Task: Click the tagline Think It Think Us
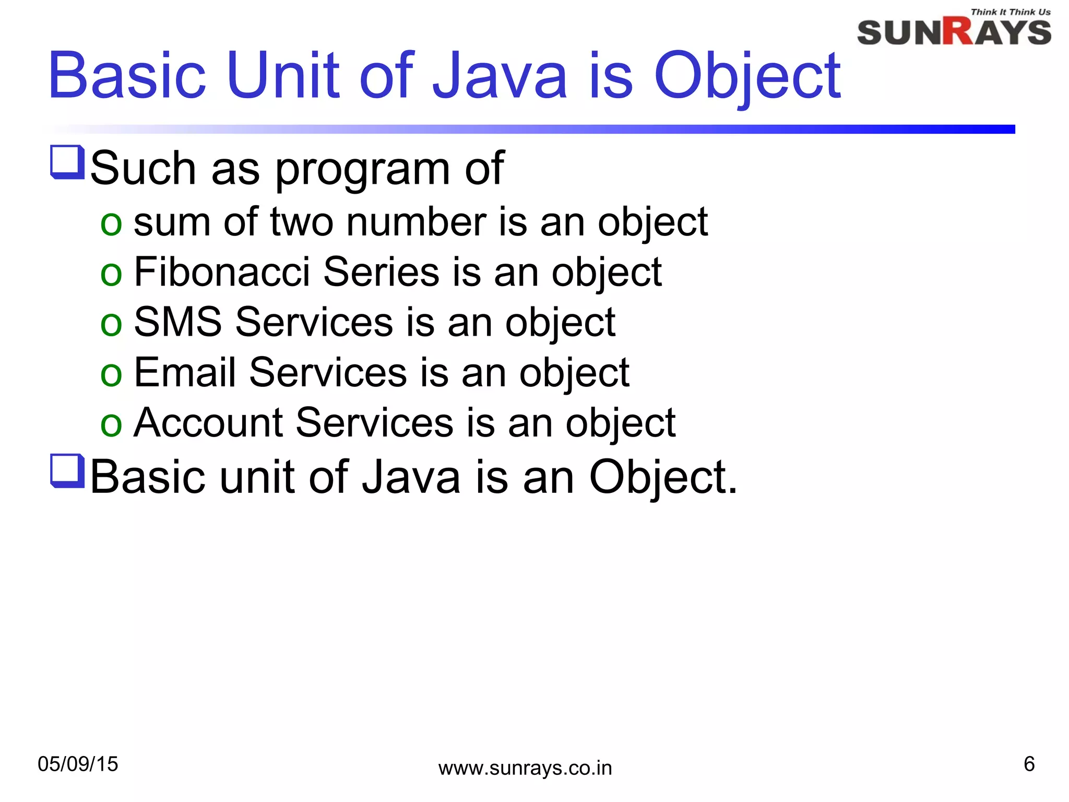1010,12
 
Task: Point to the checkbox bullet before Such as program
67,162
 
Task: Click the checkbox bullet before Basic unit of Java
67,471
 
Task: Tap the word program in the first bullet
362,169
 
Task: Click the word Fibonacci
222,272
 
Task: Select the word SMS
177,322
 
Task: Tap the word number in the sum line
416,222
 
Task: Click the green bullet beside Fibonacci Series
111,274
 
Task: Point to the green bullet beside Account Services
111,424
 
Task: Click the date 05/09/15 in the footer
78,764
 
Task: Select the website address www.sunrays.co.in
525,768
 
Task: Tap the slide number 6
1029,764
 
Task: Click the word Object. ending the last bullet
662,477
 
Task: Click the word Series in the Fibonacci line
381,272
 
